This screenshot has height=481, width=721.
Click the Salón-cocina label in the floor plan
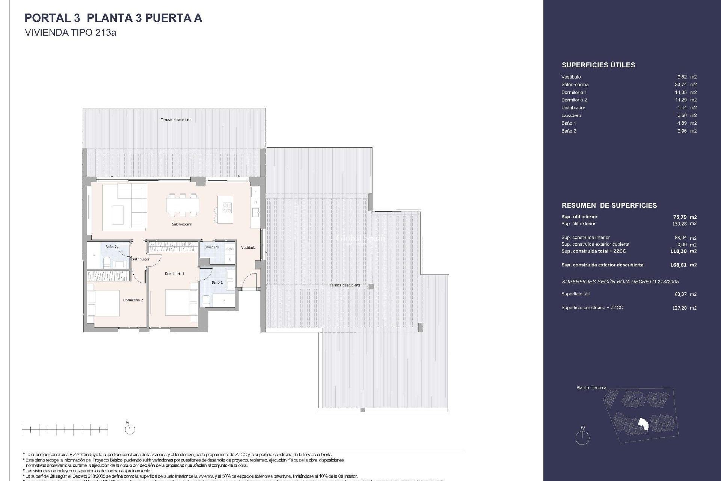click(181, 224)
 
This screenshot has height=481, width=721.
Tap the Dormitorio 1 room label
click(174, 274)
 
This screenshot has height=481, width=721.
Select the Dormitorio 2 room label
click(133, 300)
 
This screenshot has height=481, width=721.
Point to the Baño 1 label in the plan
click(217, 282)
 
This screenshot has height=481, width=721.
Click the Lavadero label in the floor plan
click(211, 247)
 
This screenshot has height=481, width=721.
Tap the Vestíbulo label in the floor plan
click(248, 248)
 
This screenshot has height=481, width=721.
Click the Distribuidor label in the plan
click(140, 259)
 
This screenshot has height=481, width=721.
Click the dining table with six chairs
click(183, 206)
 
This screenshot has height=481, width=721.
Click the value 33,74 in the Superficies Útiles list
click(680, 85)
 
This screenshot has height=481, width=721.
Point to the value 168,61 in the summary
click(678, 265)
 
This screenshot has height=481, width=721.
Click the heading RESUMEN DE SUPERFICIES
click(609, 206)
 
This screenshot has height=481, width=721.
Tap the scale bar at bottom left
click(65, 430)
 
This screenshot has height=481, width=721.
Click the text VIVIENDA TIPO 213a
click(70, 33)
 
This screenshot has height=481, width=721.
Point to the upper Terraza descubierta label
click(176, 120)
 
